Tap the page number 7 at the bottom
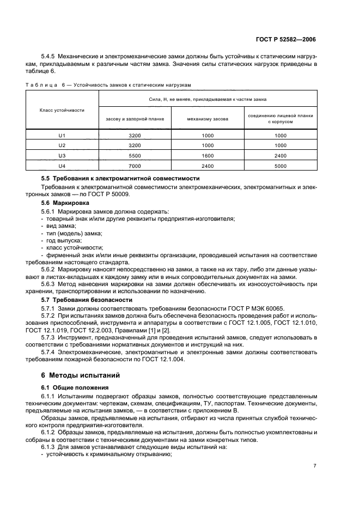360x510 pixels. (x=315, y=465)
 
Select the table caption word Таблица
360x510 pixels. (x=44, y=84)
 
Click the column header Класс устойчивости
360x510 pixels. (x=62, y=110)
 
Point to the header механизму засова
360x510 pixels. (x=208, y=119)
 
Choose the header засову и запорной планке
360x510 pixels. (x=135, y=119)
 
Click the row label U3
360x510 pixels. (x=62, y=155)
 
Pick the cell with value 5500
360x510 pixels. (x=135, y=155)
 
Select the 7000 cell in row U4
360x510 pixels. (x=135, y=165)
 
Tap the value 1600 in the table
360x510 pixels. (x=208, y=155)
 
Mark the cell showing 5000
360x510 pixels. (x=280, y=165)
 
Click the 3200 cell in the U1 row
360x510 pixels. (x=135, y=135)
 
